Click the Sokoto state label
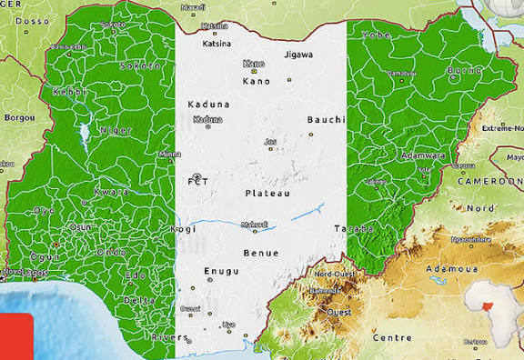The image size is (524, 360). point(141,65)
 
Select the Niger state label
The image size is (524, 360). point(116,130)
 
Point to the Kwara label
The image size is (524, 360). point(110,193)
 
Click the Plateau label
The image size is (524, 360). point(267,194)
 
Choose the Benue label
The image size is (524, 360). point(261,253)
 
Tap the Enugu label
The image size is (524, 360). point(221,271)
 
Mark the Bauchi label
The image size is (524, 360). point(326,119)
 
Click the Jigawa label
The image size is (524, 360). point(297,55)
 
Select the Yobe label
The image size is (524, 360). point(377,35)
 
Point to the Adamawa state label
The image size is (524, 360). point(424,155)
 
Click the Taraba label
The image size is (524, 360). point(355,228)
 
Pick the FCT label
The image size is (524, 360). point(198,182)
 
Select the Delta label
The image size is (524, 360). point(139,299)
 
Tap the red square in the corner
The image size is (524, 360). point(16,337)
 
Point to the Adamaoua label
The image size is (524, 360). point(451,269)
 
